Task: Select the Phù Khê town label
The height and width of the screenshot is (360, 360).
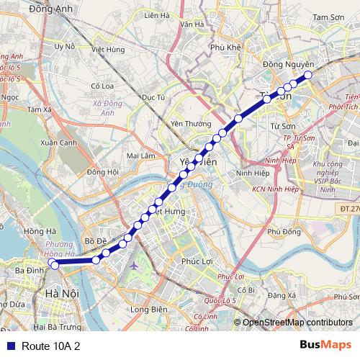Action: tap(224, 48)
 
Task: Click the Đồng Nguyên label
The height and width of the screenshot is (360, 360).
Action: tap(283, 65)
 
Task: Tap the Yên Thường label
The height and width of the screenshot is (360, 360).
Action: tap(186, 123)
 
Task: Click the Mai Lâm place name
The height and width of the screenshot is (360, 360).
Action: tap(140, 156)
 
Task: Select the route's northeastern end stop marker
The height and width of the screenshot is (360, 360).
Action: tap(308, 75)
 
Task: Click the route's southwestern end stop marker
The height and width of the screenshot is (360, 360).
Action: tap(55, 265)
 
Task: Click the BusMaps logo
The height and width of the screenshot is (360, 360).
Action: tap(325, 346)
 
